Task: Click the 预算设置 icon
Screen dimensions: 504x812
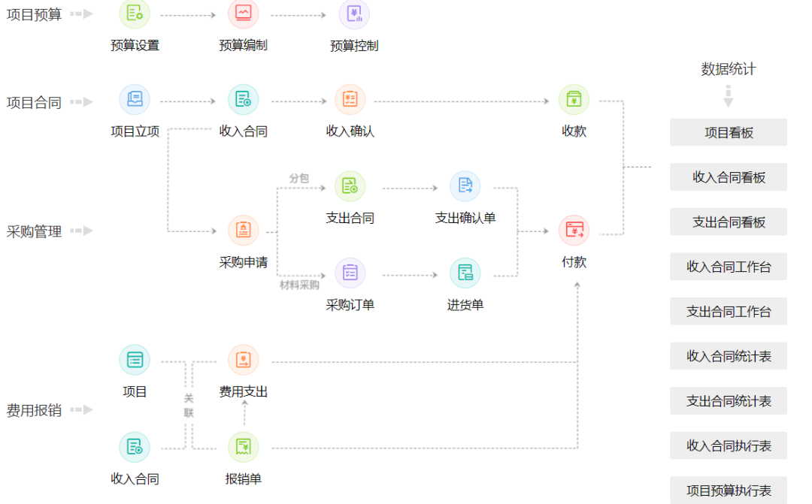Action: point(135,14)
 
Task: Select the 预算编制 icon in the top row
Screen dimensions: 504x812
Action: point(243,14)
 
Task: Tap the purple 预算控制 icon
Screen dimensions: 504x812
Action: point(354,14)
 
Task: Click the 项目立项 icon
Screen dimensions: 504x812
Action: point(135,100)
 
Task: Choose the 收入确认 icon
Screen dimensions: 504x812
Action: point(350,100)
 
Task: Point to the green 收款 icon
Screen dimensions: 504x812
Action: point(574,100)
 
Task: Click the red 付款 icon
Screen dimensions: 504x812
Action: point(574,231)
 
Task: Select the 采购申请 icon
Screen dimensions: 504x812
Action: point(243,231)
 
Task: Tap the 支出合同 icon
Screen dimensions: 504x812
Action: point(350,186)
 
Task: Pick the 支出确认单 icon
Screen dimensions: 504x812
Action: point(465,186)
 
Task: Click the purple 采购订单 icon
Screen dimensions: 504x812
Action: point(350,273)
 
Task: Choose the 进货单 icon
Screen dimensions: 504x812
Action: point(465,273)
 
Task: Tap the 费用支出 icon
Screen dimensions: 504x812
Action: point(243,360)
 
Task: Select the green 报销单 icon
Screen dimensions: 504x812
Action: point(243,447)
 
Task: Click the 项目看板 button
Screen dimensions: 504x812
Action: point(728,133)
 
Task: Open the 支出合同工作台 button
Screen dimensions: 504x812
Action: point(728,312)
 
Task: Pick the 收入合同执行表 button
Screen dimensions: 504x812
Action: point(728,445)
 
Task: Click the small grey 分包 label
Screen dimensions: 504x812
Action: point(298,178)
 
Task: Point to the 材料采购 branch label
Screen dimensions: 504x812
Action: point(299,285)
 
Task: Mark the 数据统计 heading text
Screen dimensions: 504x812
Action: point(728,69)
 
